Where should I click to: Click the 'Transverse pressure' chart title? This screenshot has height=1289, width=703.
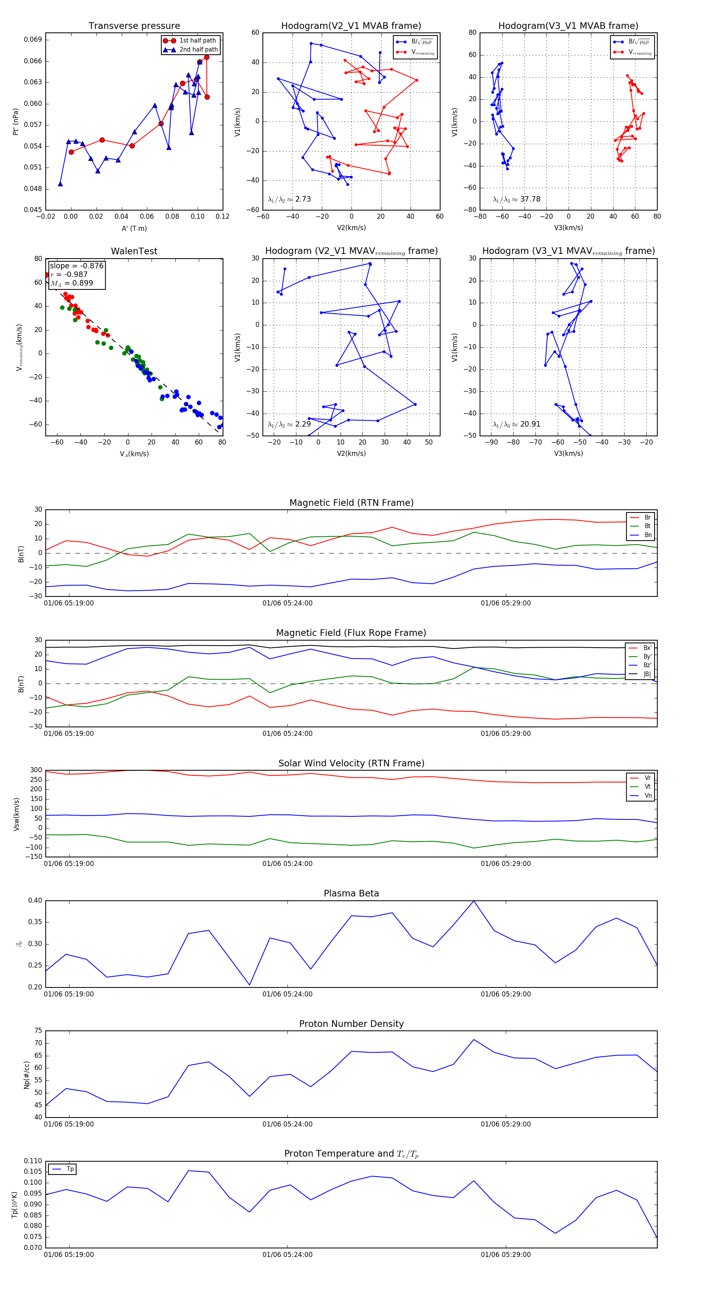(x=134, y=26)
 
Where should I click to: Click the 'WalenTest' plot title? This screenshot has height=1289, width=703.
(x=134, y=251)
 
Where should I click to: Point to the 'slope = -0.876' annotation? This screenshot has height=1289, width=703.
(x=76, y=266)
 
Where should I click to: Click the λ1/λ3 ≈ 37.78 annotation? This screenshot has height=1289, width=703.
(x=516, y=199)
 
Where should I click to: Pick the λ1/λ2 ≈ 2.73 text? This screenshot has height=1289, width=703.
(x=289, y=199)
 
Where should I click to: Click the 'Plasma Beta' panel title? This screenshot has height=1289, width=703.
(x=351, y=894)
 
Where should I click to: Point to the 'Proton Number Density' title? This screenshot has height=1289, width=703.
(x=351, y=1024)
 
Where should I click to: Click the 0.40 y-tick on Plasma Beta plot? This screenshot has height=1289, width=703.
(x=35, y=901)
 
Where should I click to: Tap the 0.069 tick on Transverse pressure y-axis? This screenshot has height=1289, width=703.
(x=33, y=39)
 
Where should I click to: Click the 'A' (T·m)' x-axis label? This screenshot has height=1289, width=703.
(x=134, y=229)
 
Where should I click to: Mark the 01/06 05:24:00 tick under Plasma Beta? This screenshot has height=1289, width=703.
(x=287, y=994)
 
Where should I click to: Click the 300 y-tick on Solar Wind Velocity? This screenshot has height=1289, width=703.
(x=36, y=770)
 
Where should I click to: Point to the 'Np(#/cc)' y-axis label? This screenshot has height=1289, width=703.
(x=27, y=1075)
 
